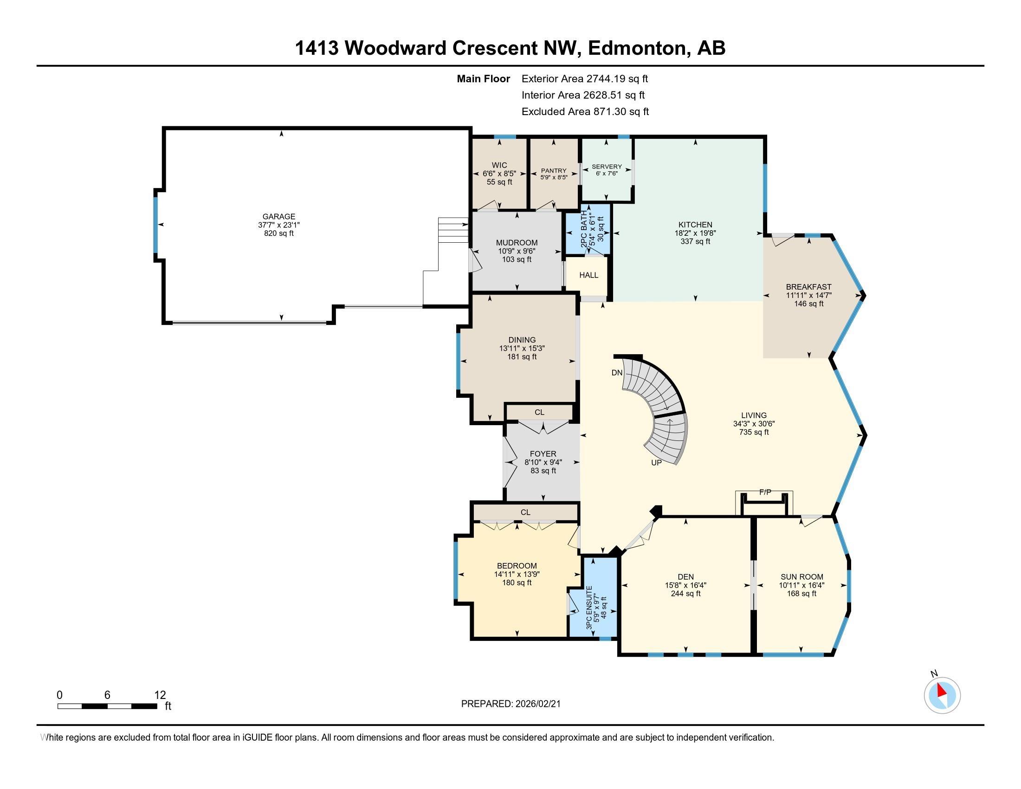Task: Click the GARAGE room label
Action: coord(278,216)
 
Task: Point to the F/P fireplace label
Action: coord(765,492)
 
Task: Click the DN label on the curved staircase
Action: coord(617,373)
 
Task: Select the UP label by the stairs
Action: coord(656,462)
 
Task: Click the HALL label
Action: coord(588,275)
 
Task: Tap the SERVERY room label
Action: coord(607,167)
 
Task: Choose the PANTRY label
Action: coord(554,171)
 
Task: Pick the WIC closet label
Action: coord(499,165)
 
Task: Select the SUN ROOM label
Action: coord(802,577)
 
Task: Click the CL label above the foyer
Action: coord(539,412)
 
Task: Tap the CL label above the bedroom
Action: coord(525,512)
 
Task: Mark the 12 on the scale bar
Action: coord(160,695)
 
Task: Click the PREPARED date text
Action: coord(510,704)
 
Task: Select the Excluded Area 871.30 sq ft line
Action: coord(585,111)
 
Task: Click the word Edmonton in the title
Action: coord(638,48)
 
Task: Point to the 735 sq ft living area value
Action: coord(754,432)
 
